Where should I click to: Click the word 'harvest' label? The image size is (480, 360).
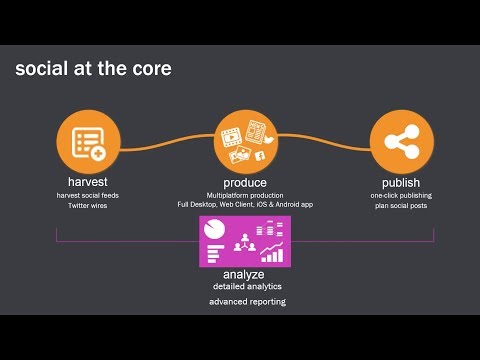point(88,182)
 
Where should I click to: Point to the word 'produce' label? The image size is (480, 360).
point(245,182)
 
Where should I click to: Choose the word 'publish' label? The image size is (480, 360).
point(400,182)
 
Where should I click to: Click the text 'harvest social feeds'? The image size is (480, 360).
point(88,195)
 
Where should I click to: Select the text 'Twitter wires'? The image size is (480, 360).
point(88,205)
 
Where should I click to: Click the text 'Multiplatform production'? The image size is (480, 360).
point(245,194)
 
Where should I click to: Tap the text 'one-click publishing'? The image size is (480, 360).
point(400,195)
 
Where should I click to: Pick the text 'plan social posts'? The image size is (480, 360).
point(400,206)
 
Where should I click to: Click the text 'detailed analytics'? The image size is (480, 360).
point(245,286)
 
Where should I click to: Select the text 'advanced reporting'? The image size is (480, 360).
point(245,300)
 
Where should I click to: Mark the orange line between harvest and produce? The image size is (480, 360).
point(166,144)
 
